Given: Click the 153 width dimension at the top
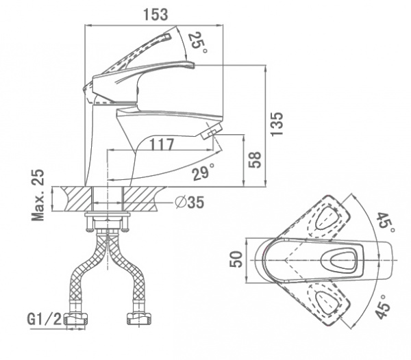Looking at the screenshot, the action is coord(155,14).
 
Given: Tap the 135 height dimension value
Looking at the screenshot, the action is coord(277,124).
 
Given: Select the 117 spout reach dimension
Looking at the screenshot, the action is coord(162,144).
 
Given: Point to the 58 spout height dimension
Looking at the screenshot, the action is coord(255,159).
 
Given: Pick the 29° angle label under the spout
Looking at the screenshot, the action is coord(203,172).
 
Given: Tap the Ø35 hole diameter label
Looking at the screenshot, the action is coord(190,202).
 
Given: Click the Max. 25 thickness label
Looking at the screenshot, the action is coord(38,195).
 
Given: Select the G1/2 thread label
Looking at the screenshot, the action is coord(45,319).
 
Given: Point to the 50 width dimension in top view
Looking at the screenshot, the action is coord(236,259).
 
